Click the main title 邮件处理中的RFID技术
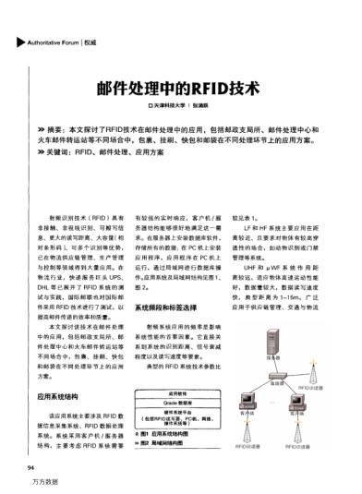pyautogui.click(x=180, y=89)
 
